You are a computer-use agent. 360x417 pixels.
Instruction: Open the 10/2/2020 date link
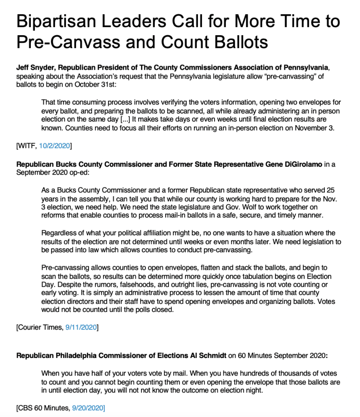[x=55, y=146]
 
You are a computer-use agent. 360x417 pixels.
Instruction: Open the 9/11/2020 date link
[x=81, y=327]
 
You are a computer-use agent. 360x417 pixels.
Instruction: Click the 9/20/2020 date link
[x=89, y=407]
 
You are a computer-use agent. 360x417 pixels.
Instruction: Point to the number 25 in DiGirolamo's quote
[x=331, y=191]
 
